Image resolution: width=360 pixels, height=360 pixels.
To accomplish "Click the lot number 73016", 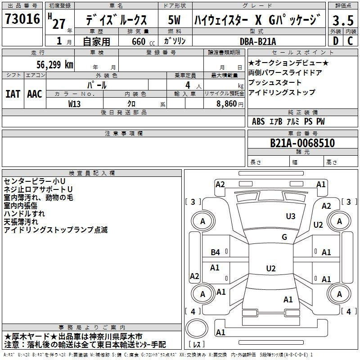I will (22, 19).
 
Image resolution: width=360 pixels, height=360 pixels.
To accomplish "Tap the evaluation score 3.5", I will (343, 20).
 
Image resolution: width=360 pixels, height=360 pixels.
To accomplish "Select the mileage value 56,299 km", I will (50, 65).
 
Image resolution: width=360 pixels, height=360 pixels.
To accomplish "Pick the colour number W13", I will (75, 103).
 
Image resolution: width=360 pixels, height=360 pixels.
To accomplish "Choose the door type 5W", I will (175, 20).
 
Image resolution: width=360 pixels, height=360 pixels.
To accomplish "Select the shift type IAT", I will (13, 94).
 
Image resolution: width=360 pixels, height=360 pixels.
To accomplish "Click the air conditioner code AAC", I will (35, 94).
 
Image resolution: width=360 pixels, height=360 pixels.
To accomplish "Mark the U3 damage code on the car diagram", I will (291, 216).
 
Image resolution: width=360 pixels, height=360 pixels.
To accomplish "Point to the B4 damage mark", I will (216, 252).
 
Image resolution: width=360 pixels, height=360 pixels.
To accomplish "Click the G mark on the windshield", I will (284, 237).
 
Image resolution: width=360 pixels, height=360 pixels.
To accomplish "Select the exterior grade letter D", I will (335, 41).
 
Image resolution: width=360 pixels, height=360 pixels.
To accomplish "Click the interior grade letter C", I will (351, 41).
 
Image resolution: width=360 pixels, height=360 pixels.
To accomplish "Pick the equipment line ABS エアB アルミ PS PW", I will (288, 121).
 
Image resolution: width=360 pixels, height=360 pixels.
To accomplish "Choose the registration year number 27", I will (59, 24).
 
